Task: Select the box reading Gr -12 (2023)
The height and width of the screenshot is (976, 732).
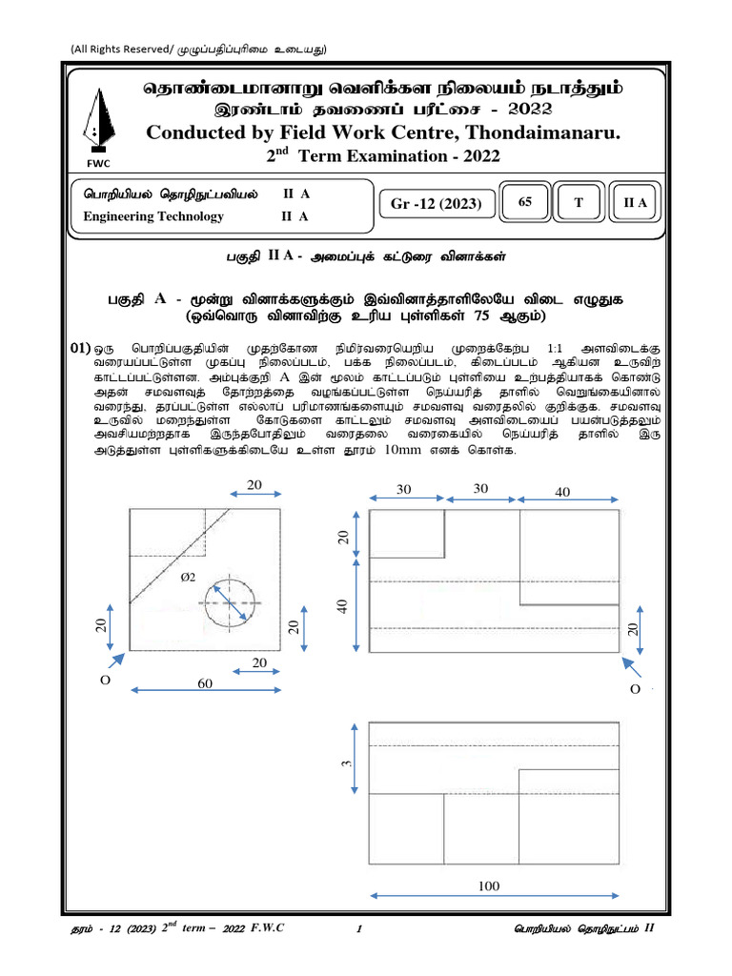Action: point(437,203)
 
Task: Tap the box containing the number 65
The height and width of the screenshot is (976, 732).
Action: point(525,202)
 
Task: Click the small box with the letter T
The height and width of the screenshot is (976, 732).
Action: point(579,202)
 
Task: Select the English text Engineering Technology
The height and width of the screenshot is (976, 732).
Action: point(153,216)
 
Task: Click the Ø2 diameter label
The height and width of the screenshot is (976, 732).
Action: point(190,577)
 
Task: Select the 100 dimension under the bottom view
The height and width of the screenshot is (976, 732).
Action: point(488,886)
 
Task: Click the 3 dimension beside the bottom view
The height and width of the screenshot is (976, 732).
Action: point(348,762)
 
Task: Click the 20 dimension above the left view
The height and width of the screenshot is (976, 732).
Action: point(254,484)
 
